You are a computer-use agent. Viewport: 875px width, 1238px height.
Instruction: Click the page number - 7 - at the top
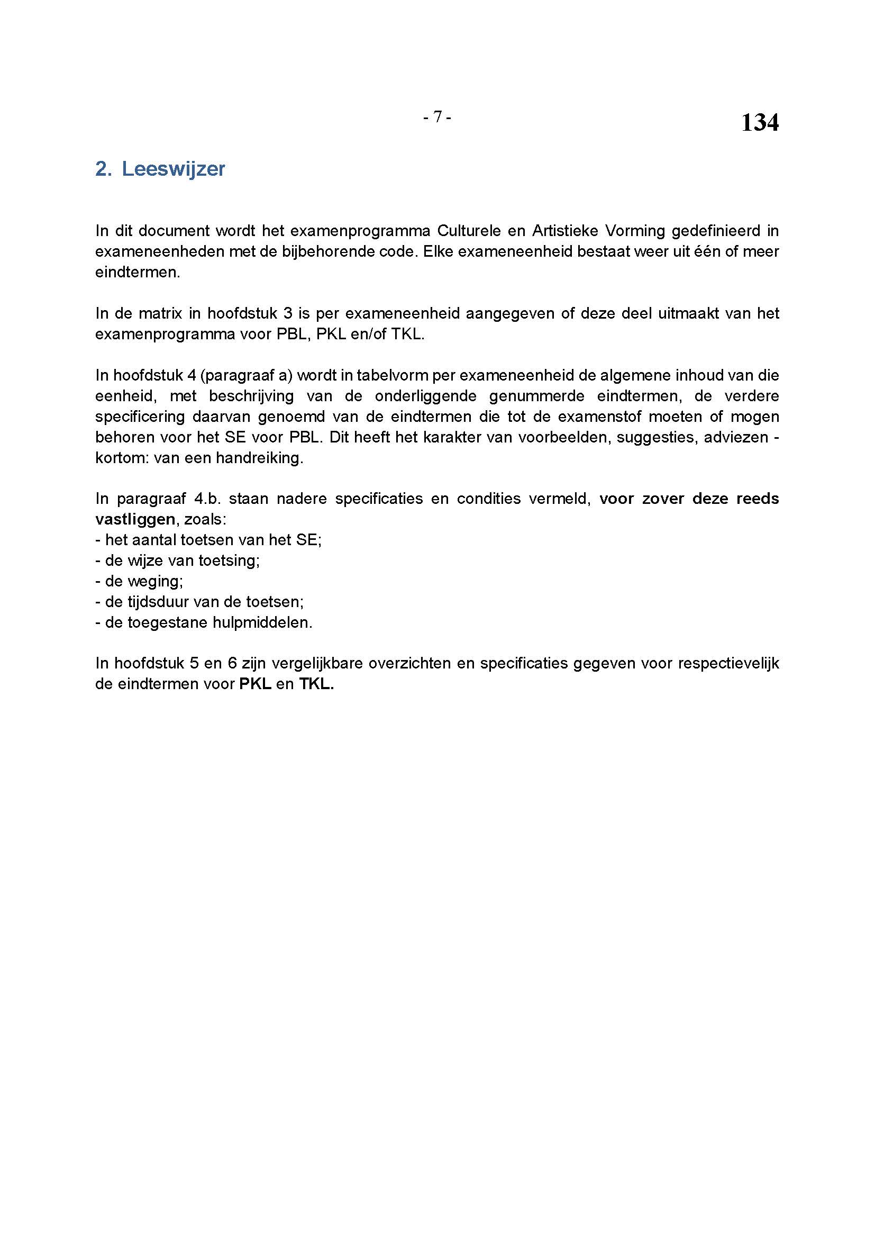pos(437,117)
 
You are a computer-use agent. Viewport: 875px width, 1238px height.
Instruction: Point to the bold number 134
pos(759,123)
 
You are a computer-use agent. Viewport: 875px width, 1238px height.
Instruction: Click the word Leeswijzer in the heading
pos(173,169)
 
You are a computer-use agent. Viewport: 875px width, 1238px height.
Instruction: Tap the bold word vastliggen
pos(135,519)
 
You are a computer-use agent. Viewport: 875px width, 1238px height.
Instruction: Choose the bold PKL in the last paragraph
pos(255,684)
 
